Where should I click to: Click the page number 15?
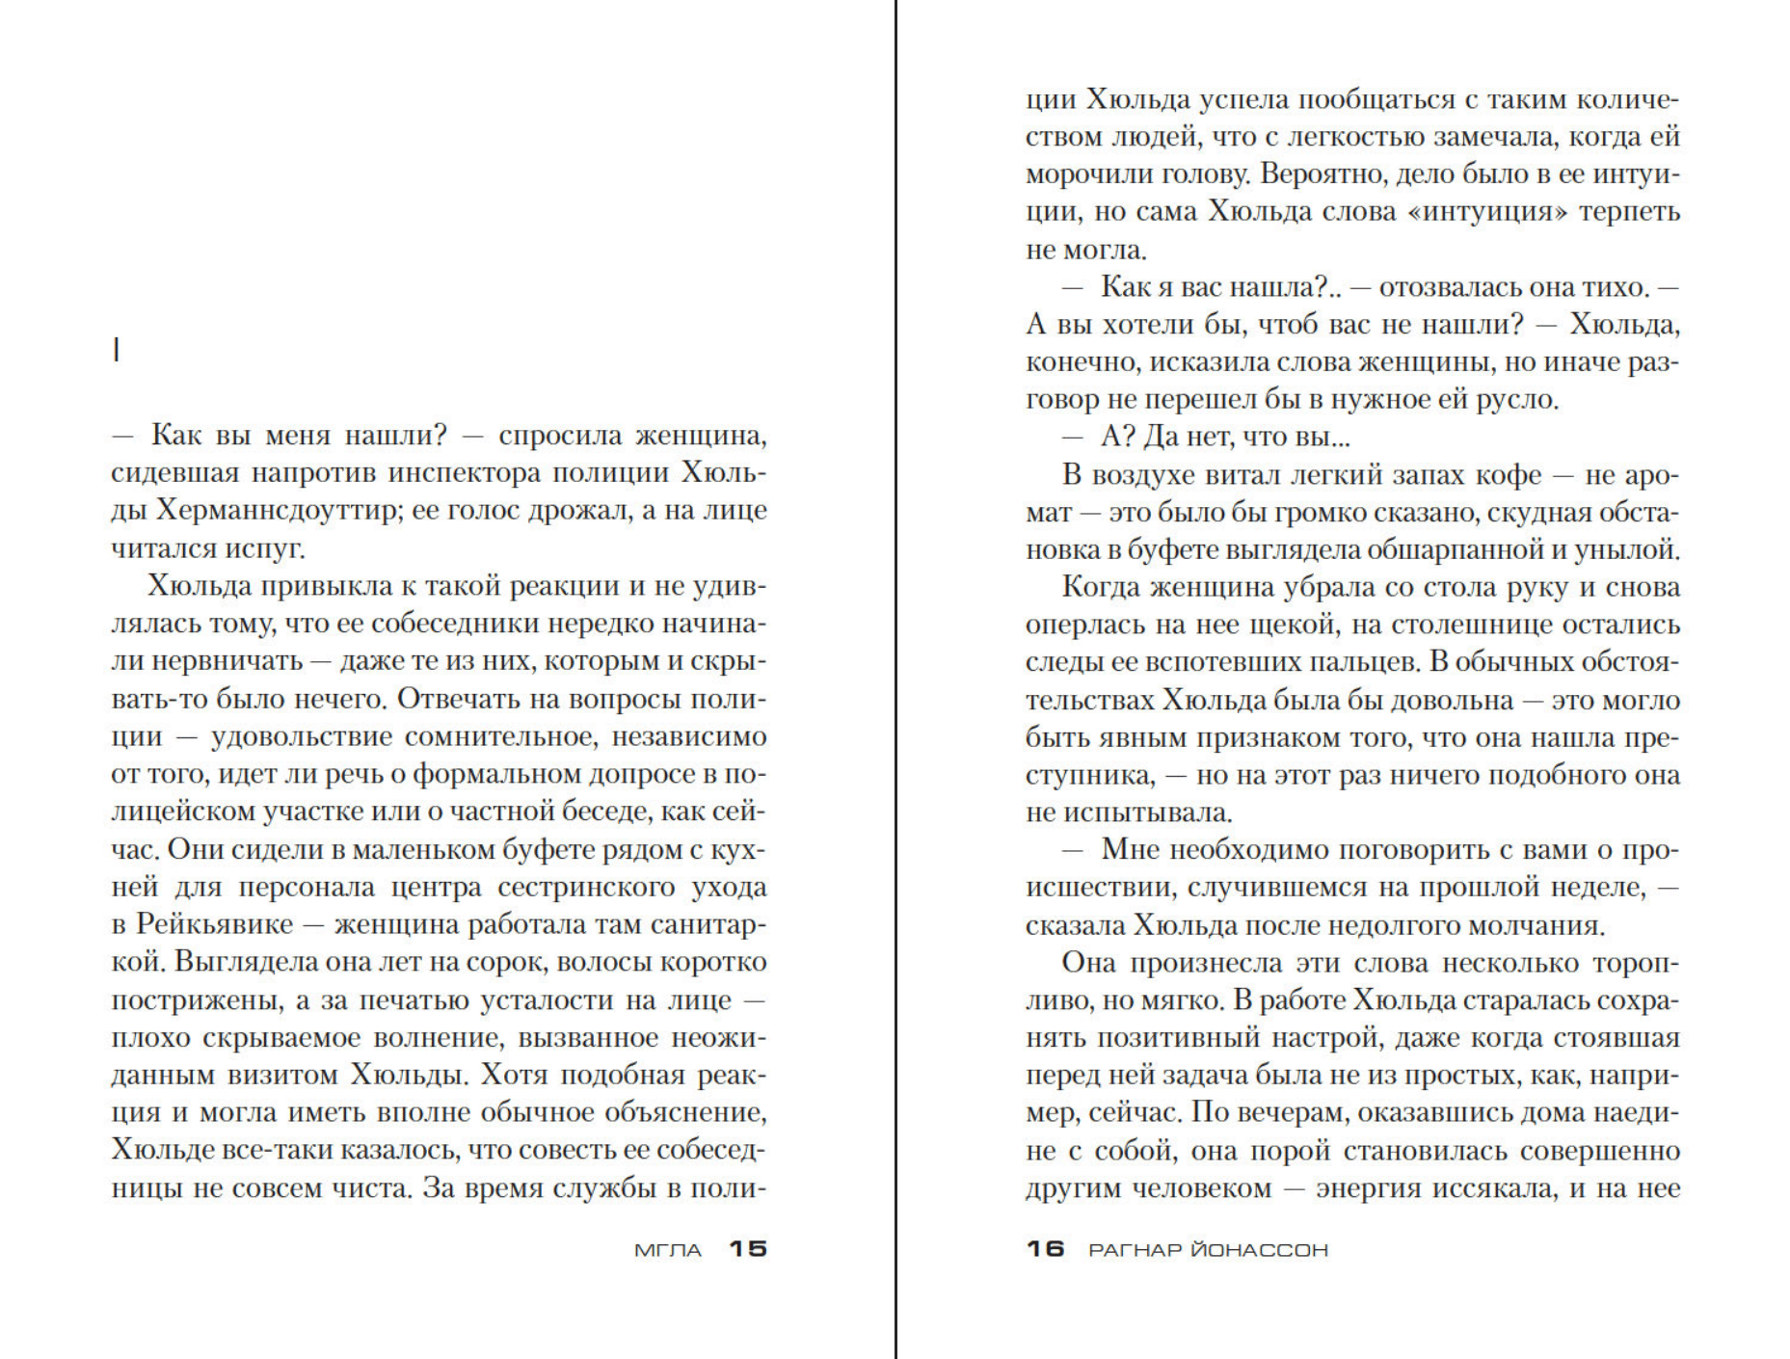click(x=747, y=1248)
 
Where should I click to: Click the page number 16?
click(x=1045, y=1248)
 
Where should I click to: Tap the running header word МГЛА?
click(x=668, y=1250)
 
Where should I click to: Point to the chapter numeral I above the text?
click(x=117, y=350)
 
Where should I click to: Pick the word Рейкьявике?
click(x=214, y=923)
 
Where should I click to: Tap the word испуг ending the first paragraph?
click(x=265, y=547)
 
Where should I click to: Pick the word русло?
click(x=1516, y=398)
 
